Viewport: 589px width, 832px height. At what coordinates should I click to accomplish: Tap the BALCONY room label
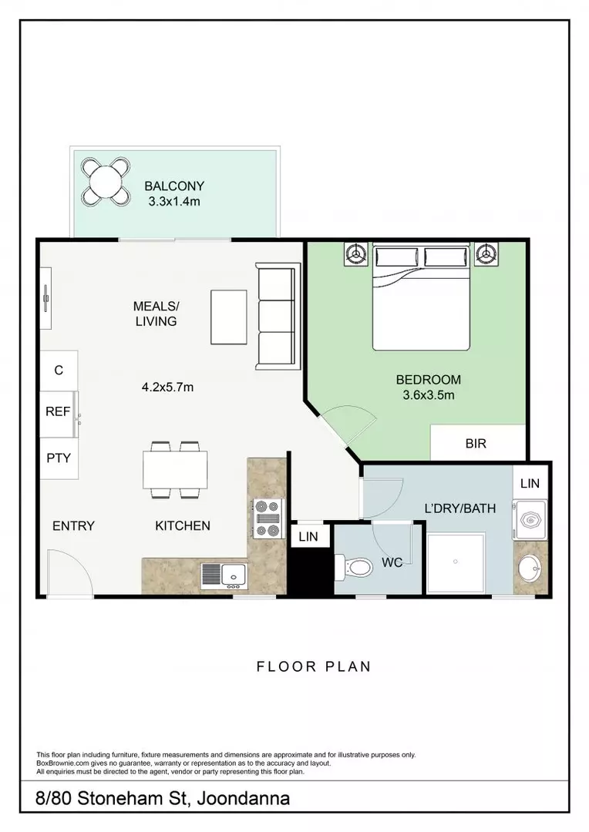pyautogui.click(x=174, y=186)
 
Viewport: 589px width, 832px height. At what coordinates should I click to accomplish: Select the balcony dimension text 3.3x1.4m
pyautogui.click(x=174, y=202)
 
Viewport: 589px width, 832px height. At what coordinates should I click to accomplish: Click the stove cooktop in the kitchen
pyautogui.click(x=268, y=518)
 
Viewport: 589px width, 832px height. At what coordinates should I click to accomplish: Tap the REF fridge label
pyautogui.click(x=58, y=411)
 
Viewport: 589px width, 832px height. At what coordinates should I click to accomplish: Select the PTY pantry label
pyautogui.click(x=59, y=458)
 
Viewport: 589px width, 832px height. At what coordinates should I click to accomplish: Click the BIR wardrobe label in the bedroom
pyautogui.click(x=476, y=444)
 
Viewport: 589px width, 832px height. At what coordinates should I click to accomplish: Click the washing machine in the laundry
pyautogui.click(x=529, y=519)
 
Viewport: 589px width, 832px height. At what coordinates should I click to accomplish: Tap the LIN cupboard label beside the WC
pyautogui.click(x=308, y=536)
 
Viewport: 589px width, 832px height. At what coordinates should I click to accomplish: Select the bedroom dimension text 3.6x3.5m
pyautogui.click(x=428, y=395)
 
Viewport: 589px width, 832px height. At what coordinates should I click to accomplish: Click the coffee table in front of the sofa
pyautogui.click(x=228, y=317)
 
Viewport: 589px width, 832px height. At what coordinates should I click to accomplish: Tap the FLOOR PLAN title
pyautogui.click(x=313, y=666)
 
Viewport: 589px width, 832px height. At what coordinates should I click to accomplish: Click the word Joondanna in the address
pyautogui.click(x=244, y=799)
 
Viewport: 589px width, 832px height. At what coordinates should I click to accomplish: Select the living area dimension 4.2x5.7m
pyautogui.click(x=167, y=387)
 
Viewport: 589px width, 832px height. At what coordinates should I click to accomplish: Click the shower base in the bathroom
pyautogui.click(x=456, y=563)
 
